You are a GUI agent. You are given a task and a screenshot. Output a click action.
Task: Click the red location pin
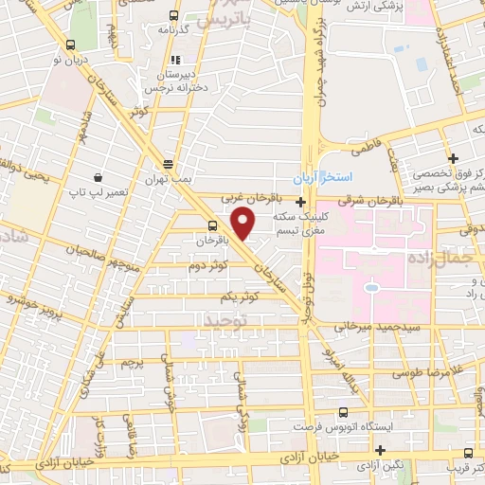[x=243, y=225]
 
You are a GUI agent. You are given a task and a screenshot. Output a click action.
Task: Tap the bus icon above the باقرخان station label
[x=212, y=225]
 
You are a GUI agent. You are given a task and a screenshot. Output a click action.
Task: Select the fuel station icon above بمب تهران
[x=168, y=163]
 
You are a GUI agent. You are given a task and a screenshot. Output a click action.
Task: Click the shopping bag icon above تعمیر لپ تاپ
[x=98, y=177]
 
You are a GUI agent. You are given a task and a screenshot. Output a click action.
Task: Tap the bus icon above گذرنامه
[x=171, y=16]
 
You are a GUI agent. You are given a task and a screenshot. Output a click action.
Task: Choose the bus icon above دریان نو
[x=70, y=45]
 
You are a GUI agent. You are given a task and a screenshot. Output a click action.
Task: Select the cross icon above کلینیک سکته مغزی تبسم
[x=300, y=202]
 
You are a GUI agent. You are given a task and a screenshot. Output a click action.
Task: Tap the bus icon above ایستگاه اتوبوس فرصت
[x=343, y=412]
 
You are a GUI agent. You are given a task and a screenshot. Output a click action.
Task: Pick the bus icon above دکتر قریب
[x=468, y=453]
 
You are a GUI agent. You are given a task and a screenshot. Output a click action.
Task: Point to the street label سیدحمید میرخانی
[x=369, y=325]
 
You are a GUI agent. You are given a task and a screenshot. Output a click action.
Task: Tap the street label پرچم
[x=133, y=362]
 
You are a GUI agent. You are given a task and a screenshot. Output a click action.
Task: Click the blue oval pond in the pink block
[x=371, y=287]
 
